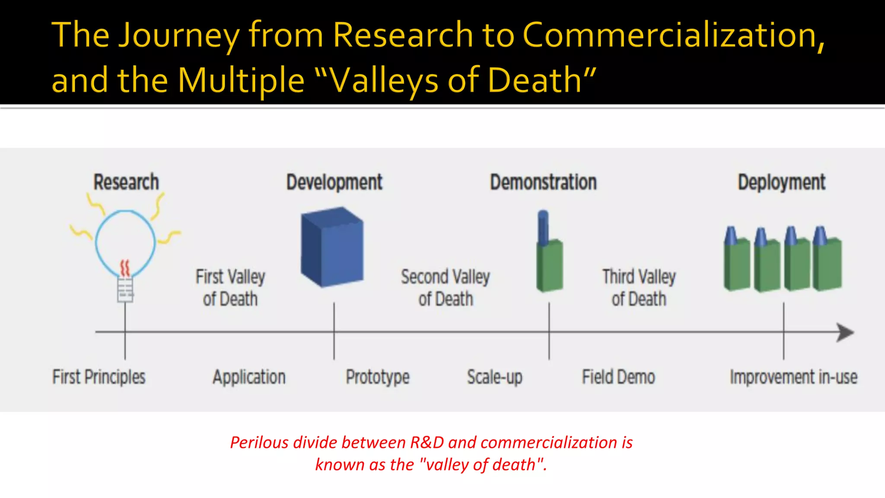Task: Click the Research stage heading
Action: pyautogui.click(x=126, y=182)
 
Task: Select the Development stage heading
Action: pyautogui.click(x=334, y=182)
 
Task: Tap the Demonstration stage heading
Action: pyautogui.click(x=543, y=182)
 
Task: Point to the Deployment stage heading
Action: pyautogui.click(x=781, y=182)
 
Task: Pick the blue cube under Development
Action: pyautogui.click(x=332, y=247)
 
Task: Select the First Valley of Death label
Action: pyautogui.click(x=230, y=288)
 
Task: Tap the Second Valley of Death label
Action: pyautogui.click(x=446, y=288)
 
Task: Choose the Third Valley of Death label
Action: pyautogui.click(x=639, y=288)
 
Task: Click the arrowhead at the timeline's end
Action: pyautogui.click(x=845, y=332)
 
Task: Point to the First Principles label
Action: pyautogui.click(x=99, y=377)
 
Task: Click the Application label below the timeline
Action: pyautogui.click(x=249, y=377)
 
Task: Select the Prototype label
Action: pyautogui.click(x=377, y=377)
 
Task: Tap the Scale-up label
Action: pyautogui.click(x=495, y=377)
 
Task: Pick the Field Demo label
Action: pyautogui.click(x=618, y=377)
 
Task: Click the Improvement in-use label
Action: pyautogui.click(x=793, y=377)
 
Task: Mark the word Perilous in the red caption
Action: pyautogui.click(x=259, y=443)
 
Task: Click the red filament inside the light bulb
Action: pyautogui.click(x=125, y=268)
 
